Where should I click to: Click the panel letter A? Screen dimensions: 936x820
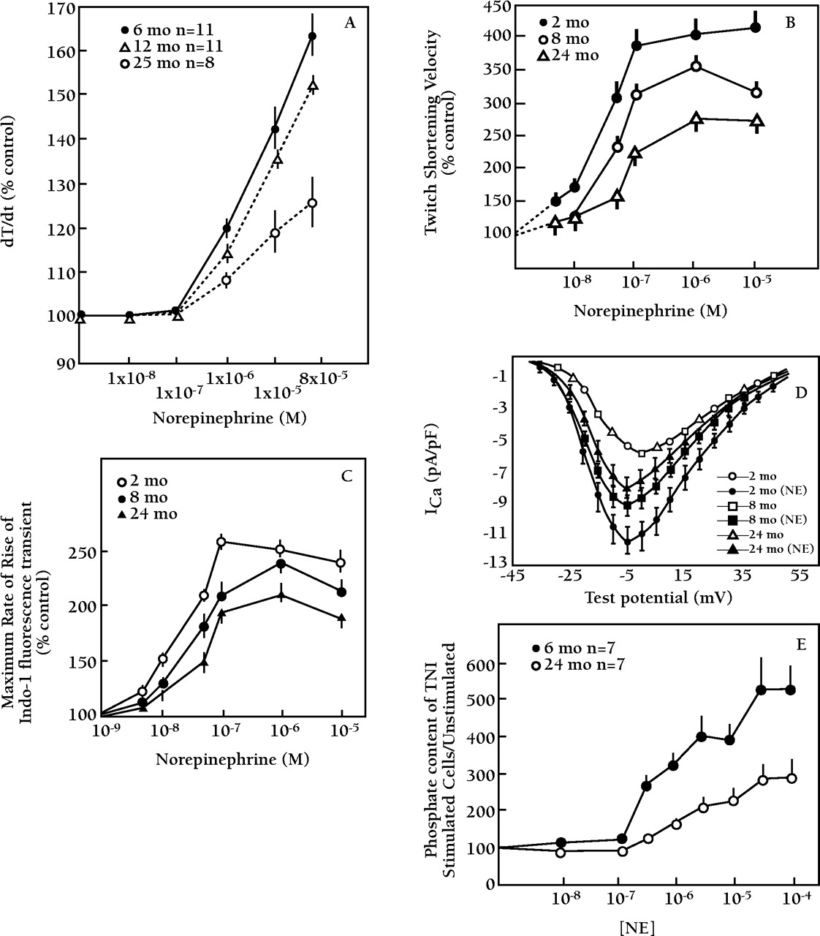pos(350,23)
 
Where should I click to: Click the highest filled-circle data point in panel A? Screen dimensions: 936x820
pos(312,36)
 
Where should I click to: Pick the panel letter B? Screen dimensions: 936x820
pos(790,22)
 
